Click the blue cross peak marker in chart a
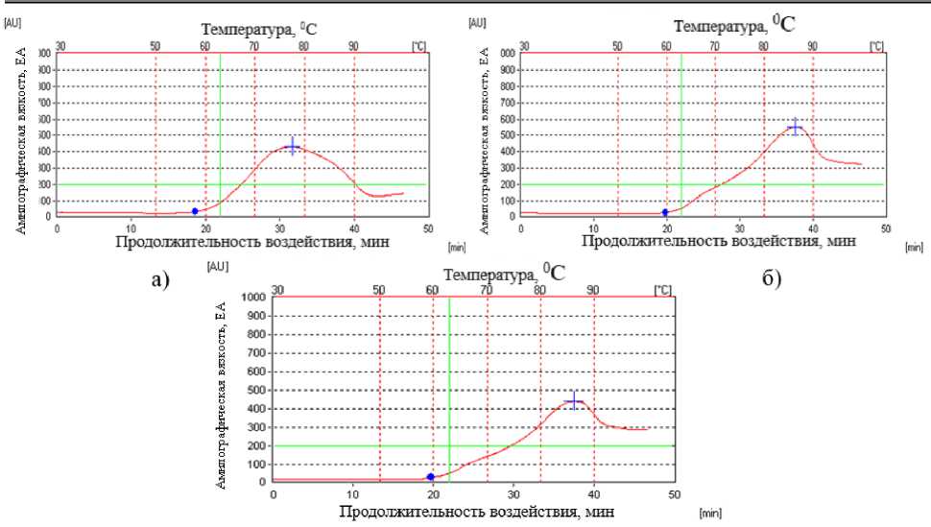point(293,146)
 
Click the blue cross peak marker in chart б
point(795,127)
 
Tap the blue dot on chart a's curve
point(195,211)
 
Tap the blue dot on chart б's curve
point(665,212)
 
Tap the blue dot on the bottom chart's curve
point(431,477)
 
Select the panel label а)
point(159,280)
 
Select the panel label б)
point(775,280)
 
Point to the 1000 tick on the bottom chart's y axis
point(252,298)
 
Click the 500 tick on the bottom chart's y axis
point(256,390)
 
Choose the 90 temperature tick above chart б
point(812,45)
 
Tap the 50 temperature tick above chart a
point(155,45)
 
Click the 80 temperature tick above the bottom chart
point(539,289)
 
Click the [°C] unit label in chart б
point(875,45)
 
